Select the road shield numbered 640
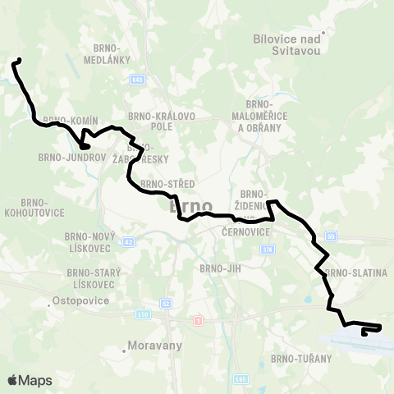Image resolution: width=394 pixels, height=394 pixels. pyautogui.click(x=137, y=80)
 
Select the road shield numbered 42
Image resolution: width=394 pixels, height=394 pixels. pyautogui.click(x=127, y=242)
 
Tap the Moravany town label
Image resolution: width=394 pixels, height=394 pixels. pyautogui.click(x=154, y=346)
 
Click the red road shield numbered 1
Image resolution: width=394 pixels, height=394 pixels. pyautogui.click(x=197, y=320)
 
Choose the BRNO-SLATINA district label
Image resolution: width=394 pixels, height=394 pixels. pyautogui.click(x=355, y=273)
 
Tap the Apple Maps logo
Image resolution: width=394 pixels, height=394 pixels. pyautogui.click(x=29, y=380)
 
